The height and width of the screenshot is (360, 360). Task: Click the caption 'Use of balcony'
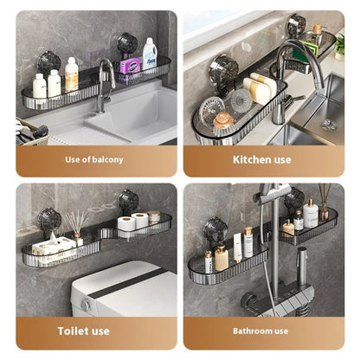[x=94, y=159]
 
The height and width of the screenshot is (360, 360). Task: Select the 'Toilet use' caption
[x=84, y=331]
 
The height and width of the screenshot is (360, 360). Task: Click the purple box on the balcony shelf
[x=130, y=66]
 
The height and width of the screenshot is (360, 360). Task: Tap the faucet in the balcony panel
[x=105, y=82]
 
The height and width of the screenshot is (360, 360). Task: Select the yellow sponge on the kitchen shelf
[x=260, y=89]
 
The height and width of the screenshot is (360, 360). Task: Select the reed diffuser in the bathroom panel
[x=324, y=203]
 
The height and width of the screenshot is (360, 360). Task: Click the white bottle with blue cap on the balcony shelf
[x=150, y=55]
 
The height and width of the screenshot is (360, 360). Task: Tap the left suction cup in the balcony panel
[x=48, y=61]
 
